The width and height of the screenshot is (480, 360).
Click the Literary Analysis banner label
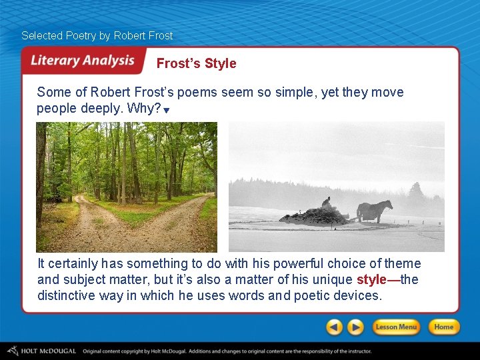point(83,61)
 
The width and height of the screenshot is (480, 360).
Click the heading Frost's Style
point(196,63)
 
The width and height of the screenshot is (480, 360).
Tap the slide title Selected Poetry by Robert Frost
point(97,35)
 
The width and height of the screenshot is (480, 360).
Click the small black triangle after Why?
point(167,110)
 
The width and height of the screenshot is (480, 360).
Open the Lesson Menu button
point(395,327)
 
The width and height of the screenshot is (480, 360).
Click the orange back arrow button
point(335,327)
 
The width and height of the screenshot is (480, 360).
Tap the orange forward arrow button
point(356,327)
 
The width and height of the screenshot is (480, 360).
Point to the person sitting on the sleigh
point(325,201)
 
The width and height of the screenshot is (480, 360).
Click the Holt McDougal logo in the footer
point(41,351)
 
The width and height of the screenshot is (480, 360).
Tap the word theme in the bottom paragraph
point(404,263)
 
